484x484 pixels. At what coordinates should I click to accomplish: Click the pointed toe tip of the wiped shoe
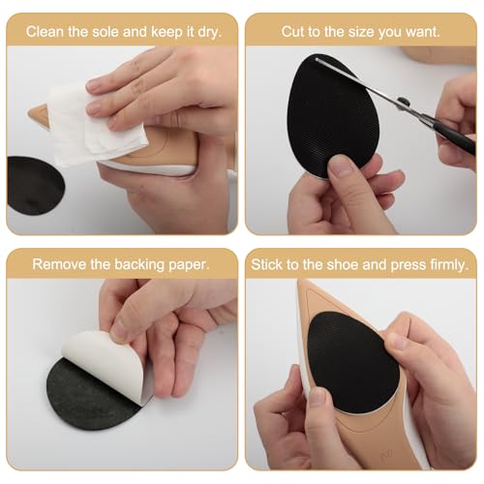click(29, 115)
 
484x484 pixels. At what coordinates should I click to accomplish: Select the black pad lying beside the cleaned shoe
click(34, 186)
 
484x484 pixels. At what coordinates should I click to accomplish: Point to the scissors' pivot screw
click(404, 102)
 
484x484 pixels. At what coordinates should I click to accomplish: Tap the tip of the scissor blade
click(317, 59)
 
